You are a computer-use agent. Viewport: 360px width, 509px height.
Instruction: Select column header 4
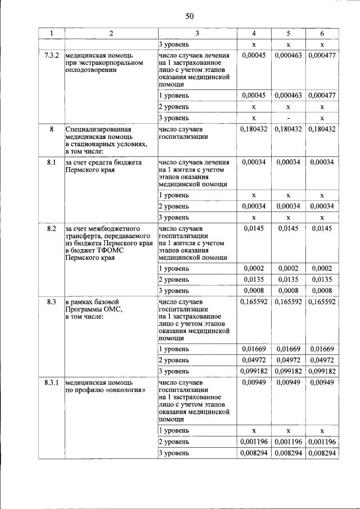254,33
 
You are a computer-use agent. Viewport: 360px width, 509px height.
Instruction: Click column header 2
111,33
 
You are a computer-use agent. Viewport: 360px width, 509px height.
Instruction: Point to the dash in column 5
288,118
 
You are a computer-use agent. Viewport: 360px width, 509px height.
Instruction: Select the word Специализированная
96,129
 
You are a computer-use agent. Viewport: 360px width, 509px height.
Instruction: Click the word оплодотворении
91,70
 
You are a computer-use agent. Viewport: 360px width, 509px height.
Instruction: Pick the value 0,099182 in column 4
254,371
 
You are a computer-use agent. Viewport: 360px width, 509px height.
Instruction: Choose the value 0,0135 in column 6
322,280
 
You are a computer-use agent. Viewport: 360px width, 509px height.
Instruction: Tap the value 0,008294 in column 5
288,453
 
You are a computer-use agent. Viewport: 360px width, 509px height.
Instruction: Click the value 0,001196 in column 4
254,442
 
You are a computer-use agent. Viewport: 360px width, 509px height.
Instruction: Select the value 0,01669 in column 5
288,349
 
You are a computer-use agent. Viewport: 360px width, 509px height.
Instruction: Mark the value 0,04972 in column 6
322,360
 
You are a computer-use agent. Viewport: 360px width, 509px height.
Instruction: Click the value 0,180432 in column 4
254,129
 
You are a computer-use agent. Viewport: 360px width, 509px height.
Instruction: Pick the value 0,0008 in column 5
288,290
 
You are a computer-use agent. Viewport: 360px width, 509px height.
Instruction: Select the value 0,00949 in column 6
322,383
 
